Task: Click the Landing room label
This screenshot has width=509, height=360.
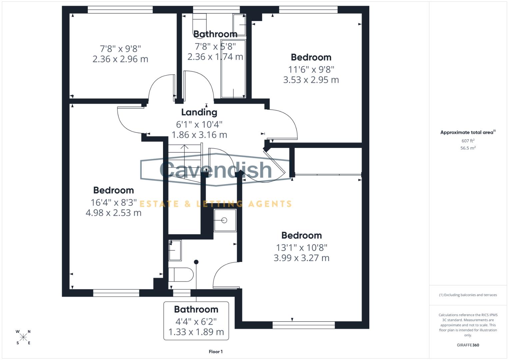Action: (199, 112)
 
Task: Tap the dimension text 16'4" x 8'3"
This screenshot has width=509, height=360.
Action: (113, 202)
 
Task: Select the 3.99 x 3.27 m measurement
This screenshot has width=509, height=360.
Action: (301, 258)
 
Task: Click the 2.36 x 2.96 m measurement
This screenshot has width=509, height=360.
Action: (120, 59)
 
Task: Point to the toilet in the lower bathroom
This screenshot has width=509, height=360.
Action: (181, 275)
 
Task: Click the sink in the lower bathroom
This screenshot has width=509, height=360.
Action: (175, 250)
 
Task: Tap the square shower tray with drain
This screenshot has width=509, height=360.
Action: (225, 220)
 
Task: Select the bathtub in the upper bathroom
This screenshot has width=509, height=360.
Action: (233, 69)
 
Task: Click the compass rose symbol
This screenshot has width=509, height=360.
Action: (23, 337)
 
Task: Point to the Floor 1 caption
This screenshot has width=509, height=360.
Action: (216, 352)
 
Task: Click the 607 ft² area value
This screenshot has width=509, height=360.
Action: (468, 141)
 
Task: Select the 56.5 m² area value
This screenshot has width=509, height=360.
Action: (468, 148)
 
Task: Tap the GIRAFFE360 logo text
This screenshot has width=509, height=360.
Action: (468, 345)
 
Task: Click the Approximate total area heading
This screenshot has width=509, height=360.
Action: (467, 132)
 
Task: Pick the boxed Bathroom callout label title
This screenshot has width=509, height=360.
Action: (196, 309)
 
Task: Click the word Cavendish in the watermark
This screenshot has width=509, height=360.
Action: (216, 169)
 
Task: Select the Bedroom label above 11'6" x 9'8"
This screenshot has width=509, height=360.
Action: (311, 57)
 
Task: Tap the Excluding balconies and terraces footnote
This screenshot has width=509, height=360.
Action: (468, 295)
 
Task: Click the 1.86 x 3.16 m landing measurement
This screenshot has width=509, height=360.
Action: (199, 135)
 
